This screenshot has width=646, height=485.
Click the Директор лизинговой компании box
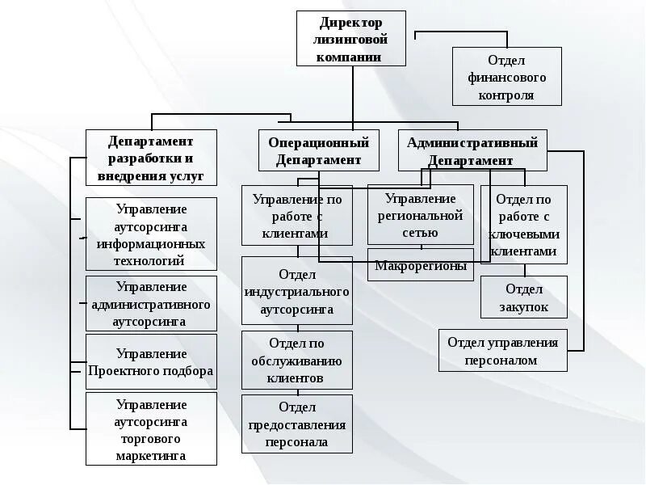tap(350, 39)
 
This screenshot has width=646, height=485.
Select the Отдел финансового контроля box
tap(506, 76)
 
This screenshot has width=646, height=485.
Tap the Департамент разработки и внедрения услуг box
tap(151, 158)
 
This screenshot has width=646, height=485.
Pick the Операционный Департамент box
tap(319, 151)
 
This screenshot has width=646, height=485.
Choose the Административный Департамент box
tap(472, 151)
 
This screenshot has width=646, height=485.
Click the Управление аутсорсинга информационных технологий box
tap(151, 234)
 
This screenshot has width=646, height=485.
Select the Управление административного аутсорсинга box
tap(151, 303)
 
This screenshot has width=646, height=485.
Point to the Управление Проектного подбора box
tap(151, 361)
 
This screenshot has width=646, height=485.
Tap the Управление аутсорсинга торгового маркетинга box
tap(151, 428)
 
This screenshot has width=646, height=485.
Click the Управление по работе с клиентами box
tap(297, 215)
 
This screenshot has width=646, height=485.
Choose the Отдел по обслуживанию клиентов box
tap(297, 360)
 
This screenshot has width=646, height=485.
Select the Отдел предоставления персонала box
tap(297, 424)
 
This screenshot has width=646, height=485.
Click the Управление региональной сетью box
tap(420, 214)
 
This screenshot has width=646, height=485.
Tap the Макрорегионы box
tap(420, 265)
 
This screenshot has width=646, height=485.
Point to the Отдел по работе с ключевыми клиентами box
tap(524, 224)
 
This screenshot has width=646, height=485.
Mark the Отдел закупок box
tap(524, 297)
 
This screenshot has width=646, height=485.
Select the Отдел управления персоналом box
tap(502, 350)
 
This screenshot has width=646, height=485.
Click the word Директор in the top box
tap(350, 22)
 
